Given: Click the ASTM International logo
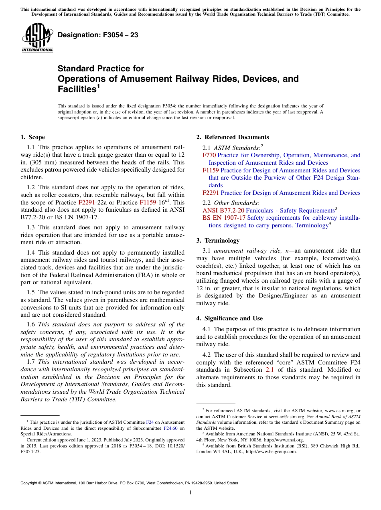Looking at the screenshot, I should coord(37,38).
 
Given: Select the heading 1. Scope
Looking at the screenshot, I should coord(32,137).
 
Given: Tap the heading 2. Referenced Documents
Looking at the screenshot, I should coord(233,137).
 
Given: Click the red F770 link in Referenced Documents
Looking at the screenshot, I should coord(209,155).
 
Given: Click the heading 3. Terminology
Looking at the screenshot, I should coord(223,241).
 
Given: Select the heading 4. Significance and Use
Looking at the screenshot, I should coord(229,318).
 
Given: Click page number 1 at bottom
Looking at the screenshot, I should coord(190,493).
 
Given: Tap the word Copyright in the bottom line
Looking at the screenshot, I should coord(30,483).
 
